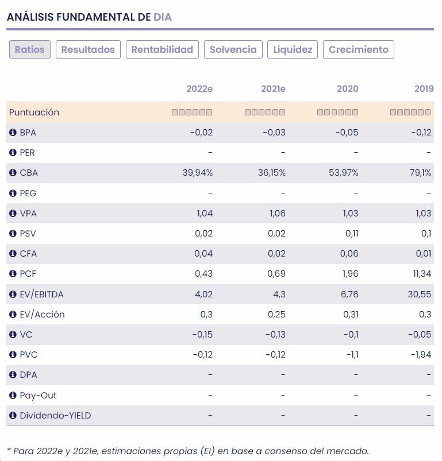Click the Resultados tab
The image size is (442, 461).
[88, 49]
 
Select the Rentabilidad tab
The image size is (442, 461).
[162, 49]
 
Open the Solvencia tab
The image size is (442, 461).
[233, 49]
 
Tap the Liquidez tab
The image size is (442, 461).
[293, 49]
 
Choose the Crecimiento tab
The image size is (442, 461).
[359, 49]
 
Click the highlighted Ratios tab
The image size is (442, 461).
[30, 49]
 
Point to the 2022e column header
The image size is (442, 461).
[199, 88]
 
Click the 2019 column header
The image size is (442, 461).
[424, 88]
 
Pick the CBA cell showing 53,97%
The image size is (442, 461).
[344, 173]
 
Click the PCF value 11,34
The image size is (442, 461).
[421, 274]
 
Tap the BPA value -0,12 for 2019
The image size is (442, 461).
[421, 133]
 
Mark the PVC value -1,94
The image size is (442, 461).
[421, 355]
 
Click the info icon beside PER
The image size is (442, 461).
[13, 153]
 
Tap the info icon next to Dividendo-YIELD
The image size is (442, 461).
[13, 416]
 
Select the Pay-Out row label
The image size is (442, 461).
[38, 396]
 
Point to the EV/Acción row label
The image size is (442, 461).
[42, 315]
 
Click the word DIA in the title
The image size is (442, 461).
[163, 17]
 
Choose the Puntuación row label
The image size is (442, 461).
[34, 113]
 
